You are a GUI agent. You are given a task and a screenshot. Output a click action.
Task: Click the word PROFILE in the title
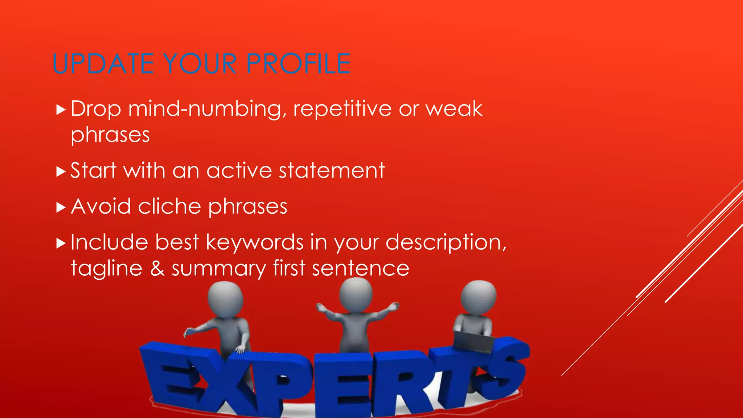click(x=298, y=64)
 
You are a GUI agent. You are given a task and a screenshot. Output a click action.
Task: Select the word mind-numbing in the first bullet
click(x=205, y=109)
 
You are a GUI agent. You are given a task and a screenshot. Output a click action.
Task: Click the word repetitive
click(x=342, y=109)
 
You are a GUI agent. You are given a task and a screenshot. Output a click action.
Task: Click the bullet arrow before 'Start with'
click(x=61, y=171)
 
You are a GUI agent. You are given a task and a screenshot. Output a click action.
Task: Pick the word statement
click(x=331, y=171)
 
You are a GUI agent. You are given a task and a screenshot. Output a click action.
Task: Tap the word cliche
click(x=169, y=207)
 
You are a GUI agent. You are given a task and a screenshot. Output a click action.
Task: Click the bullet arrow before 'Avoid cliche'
click(x=61, y=208)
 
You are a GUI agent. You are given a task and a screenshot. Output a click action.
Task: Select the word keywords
click(x=254, y=242)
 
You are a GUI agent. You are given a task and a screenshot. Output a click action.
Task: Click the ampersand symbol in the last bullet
click(x=157, y=269)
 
